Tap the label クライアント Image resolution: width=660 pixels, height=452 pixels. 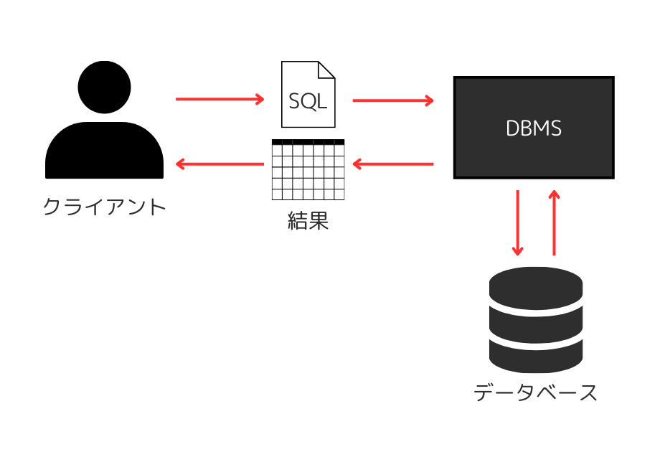pyautogui.click(x=105, y=207)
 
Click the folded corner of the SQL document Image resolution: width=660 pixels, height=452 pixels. pyautogui.click(x=327, y=70)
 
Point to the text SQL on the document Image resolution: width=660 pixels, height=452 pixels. pyautogui.click(x=308, y=101)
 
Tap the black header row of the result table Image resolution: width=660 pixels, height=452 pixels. pyautogui.click(x=308, y=142)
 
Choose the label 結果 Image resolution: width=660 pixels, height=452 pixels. pyautogui.click(x=308, y=220)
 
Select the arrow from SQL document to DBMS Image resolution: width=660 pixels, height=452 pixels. pyautogui.click(x=393, y=100)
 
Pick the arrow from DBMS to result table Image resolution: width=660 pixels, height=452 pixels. pyautogui.click(x=393, y=164)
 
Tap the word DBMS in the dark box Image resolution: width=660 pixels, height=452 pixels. pyautogui.click(x=534, y=128)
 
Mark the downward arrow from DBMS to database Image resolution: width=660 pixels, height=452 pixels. pyautogui.click(x=517, y=222)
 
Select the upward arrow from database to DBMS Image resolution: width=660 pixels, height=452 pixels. pyautogui.click(x=554, y=222)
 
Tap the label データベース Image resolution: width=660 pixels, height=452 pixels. pyautogui.click(x=535, y=392)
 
